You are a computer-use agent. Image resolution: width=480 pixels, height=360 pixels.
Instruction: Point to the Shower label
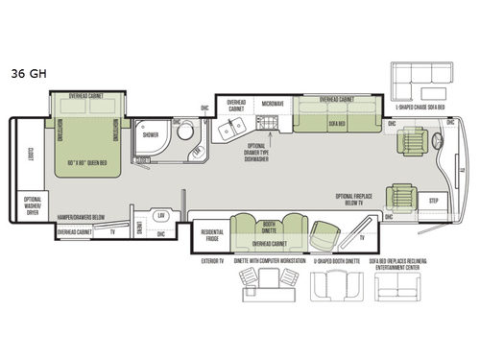tap(150, 135)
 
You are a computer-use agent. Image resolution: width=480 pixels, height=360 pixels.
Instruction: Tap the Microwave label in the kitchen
tap(273, 102)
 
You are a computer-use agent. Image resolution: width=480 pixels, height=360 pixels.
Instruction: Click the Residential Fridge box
tap(210, 233)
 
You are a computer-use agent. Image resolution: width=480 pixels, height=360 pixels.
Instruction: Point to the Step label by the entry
tap(433, 202)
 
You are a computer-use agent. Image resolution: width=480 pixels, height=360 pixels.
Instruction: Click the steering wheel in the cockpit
tap(440, 144)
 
